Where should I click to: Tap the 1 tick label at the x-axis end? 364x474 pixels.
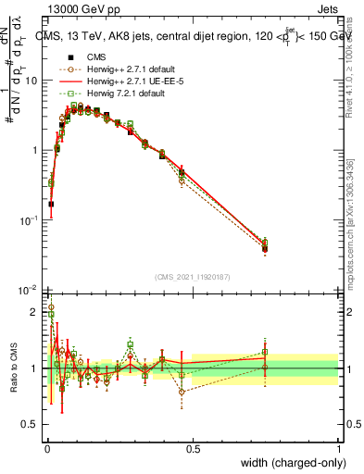click(338, 449)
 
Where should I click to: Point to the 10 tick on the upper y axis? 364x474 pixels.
click(31, 81)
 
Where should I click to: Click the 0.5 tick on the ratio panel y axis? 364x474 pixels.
click(31, 425)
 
